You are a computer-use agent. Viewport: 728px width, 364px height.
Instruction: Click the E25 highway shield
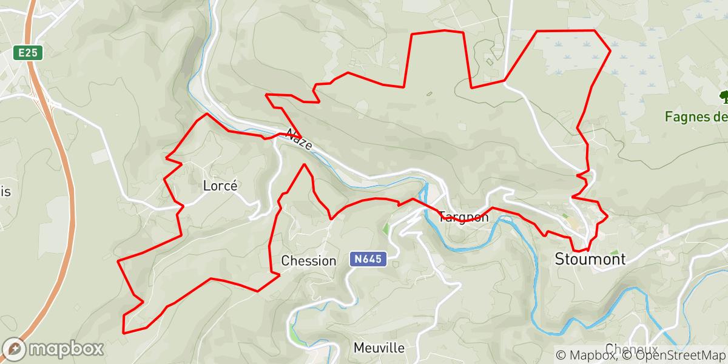(x=28, y=53)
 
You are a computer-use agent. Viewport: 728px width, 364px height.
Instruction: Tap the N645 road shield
(x=368, y=259)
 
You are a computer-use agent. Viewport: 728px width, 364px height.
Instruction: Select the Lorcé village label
(x=220, y=186)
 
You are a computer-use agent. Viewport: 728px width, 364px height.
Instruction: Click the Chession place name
(x=308, y=261)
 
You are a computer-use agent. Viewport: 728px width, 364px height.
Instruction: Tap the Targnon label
(x=463, y=217)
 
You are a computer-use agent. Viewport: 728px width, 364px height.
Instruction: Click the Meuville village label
(x=379, y=348)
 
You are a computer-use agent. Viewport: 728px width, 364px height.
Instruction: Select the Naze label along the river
(x=300, y=140)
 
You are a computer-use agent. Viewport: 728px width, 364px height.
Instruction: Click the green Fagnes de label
(x=695, y=116)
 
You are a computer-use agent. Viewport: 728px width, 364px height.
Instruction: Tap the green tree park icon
(x=723, y=96)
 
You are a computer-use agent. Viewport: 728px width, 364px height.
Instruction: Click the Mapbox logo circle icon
(x=13, y=349)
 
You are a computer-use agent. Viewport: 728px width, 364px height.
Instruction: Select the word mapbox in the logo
(x=66, y=349)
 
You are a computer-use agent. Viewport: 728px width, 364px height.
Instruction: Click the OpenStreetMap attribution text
(x=673, y=354)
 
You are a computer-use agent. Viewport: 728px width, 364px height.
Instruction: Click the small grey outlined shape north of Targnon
(x=430, y=93)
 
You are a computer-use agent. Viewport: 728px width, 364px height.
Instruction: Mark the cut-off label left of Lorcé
(x=5, y=192)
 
